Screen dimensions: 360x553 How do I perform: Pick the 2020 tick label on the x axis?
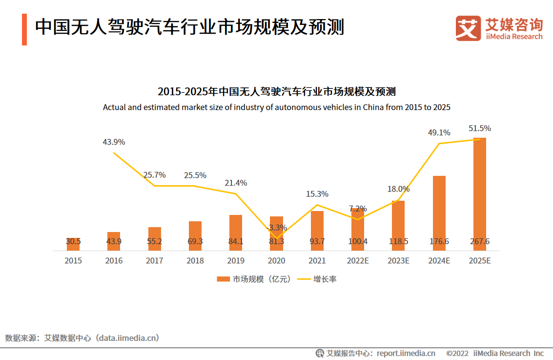point(276,261)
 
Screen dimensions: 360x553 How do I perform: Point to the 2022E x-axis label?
point(358,261)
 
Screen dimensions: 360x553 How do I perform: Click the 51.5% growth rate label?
point(479,128)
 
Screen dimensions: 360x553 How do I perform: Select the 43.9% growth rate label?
point(114,142)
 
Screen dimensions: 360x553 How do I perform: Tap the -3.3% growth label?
point(276,228)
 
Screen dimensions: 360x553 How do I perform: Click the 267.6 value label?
point(479,241)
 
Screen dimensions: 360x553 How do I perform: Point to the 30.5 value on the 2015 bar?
point(73,241)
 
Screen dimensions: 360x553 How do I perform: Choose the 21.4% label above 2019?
point(236,183)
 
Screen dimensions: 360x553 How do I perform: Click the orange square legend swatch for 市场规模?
point(223,279)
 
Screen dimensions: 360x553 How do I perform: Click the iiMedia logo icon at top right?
point(468,28)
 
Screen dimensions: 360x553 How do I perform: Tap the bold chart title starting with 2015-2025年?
point(276,92)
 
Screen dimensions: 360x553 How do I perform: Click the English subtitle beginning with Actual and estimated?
point(276,107)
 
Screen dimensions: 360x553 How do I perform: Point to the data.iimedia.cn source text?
point(128,338)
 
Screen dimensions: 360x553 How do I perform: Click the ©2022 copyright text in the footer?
point(457,353)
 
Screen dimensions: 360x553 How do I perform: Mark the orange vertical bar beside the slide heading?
point(24,30)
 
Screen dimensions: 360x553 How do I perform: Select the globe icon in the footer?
point(320,353)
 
